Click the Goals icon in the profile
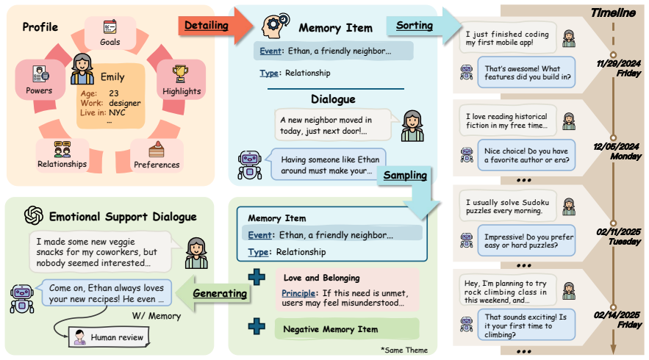110,27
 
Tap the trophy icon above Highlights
180,73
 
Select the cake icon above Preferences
157,149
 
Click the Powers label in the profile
39,90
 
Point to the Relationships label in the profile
62,164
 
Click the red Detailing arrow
215,26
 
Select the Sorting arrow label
415,25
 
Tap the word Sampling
405,176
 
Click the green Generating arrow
213,293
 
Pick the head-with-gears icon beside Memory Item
276,26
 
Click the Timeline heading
613,12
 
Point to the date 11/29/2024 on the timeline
618,63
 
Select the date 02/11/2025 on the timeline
618,231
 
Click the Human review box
109,337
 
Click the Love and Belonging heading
322,278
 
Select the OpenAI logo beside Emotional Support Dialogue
34,215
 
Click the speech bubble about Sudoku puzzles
507,206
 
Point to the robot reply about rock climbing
526,325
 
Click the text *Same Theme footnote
404,350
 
